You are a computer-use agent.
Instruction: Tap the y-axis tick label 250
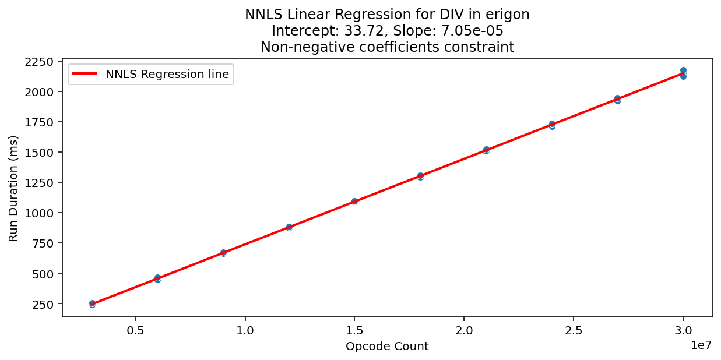[44, 304]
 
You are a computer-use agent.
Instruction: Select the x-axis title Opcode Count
[387, 347]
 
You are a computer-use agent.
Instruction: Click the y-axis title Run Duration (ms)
[13, 188]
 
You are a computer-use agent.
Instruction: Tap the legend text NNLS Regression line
[167, 74]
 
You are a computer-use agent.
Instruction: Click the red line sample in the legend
[86, 74]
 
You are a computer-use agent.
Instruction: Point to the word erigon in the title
[509, 15]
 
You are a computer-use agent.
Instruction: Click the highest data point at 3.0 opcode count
[683, 70]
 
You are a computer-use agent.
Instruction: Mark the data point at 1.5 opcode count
[354, 201]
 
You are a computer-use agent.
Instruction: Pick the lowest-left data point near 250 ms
[92, 303]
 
